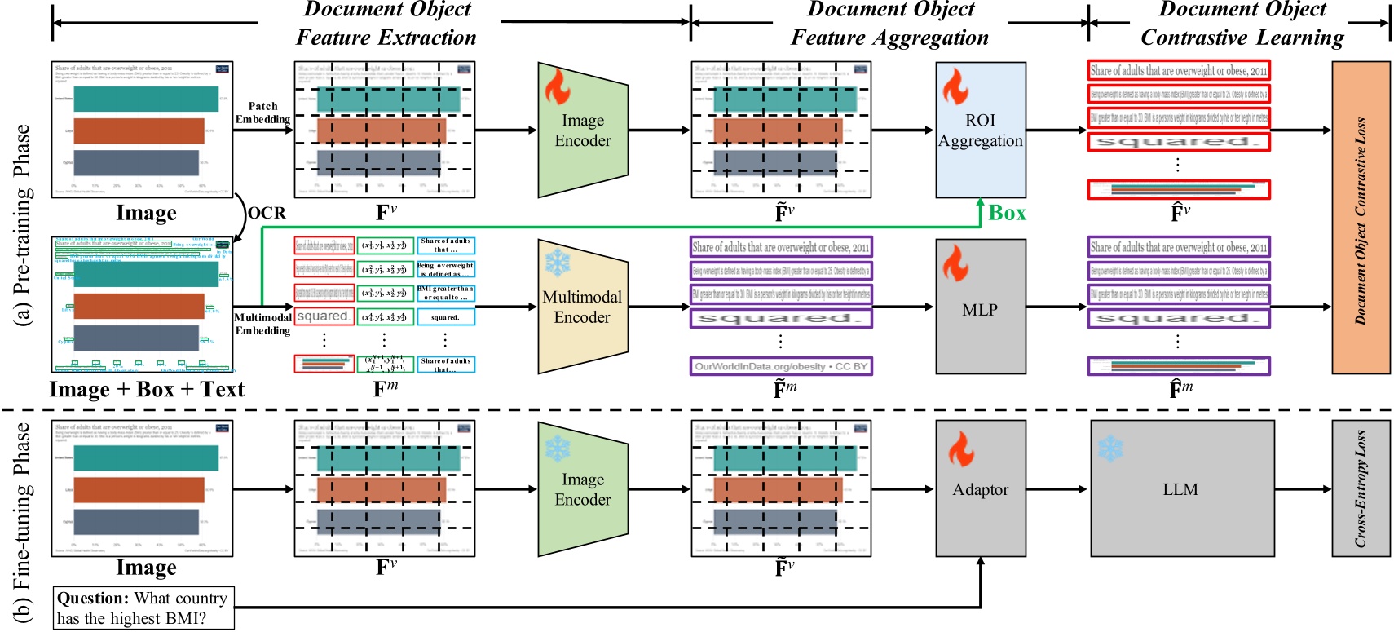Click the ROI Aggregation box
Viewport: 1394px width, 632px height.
[980, 130]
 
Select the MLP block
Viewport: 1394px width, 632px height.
[980, 310]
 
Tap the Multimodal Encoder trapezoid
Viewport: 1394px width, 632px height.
[582, 307]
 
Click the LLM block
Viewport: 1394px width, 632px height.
[1181, 489]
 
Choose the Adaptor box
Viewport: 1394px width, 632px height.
[980, 489]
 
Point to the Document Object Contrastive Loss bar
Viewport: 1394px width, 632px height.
[1361, 217]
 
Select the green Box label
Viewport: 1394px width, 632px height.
[1007, 213]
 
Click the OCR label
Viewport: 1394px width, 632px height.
[267, 213]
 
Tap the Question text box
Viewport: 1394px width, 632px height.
[143, 608]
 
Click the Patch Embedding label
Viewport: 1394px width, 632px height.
[262, 113]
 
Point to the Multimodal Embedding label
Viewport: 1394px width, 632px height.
[262, 324]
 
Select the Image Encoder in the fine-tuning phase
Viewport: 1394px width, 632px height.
[582, 489]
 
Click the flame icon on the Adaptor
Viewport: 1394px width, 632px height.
[960, 449]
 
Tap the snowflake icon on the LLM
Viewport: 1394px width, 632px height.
[1109, 448]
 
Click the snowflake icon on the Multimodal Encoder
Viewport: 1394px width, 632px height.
[558, 263]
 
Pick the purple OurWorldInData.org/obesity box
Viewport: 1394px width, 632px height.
[780, 366]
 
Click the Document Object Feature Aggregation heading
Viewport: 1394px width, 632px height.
[889, 24]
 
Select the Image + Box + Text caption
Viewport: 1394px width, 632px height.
[147, 390]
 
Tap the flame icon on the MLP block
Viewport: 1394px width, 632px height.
[955, 263]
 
